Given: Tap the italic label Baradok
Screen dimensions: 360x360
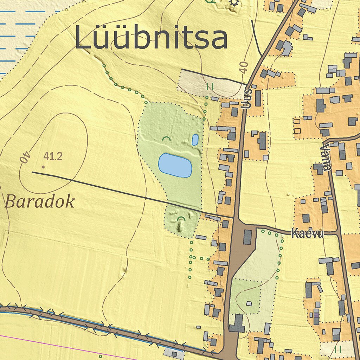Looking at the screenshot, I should (x=40, y=202).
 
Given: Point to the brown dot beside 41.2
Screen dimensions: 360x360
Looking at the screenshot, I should (x=43, y=167).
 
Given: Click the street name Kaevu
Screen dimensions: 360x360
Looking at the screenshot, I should (x=307, y=234).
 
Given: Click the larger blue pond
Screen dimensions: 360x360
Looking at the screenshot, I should (x=175, y=165).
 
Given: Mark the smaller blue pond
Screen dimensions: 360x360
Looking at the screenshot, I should (x=195, y=140).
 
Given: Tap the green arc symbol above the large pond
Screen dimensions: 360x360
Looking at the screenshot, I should (x=166, y=139).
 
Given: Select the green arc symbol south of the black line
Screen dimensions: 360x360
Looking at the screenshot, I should (x=181, y=219).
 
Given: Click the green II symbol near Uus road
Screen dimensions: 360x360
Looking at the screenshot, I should (x=210, y=86).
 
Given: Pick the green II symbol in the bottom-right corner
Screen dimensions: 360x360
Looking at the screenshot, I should (x=338, y=349).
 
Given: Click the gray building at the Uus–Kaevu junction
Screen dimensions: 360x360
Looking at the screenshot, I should (x=247, y=237).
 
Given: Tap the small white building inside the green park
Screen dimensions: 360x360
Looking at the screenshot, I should (x=249, y=303).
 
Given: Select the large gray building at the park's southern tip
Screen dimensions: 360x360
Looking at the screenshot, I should (x=237, y=323).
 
